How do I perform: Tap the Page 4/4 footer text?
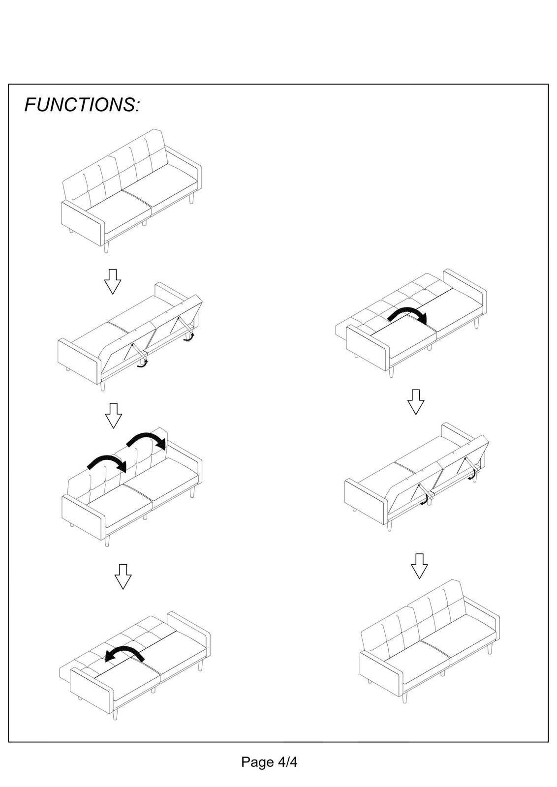269,762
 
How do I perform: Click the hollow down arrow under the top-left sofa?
113,281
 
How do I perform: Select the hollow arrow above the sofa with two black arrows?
114,416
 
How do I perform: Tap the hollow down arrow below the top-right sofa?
416,402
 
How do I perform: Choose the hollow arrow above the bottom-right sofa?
419,566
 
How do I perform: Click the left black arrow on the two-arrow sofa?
107,463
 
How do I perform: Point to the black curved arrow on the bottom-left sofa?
124,654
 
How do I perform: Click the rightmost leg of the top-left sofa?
191,199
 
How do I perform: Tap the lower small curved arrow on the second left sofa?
142,364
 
